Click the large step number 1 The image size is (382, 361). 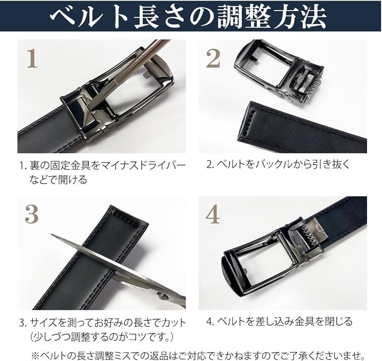pos(33,59)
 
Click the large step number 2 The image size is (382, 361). pos(213,59)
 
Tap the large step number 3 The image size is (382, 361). pos(32,214)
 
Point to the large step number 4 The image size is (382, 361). pos(213,214)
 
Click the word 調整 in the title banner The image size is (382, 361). pos(244,16)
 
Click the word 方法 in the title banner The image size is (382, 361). pos(300,16)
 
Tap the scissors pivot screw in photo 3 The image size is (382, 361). pos(163,296)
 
